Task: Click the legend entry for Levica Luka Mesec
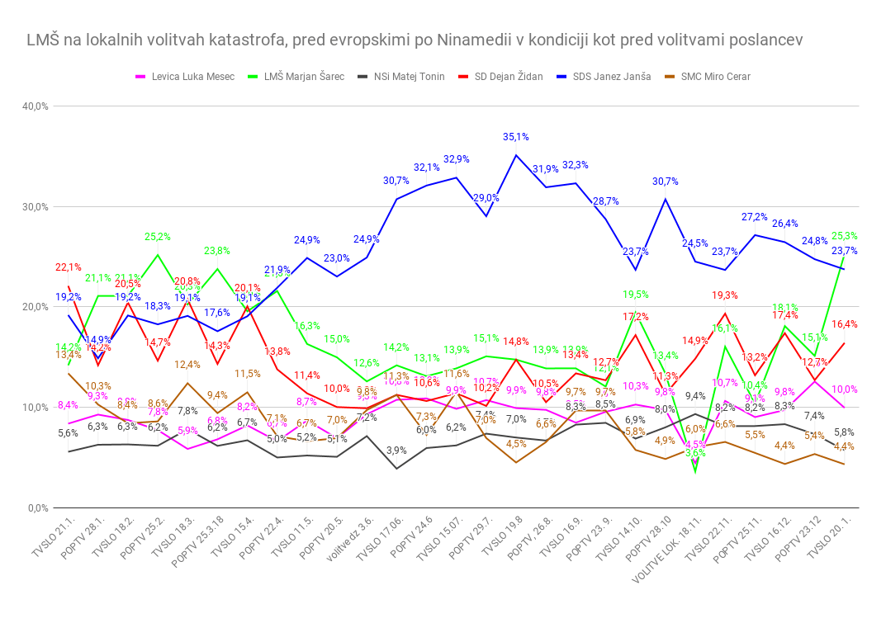coord(186,77)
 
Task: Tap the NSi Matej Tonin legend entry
coord(410,77)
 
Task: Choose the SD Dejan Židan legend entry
coord(506,77)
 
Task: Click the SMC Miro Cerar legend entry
coord(715,77)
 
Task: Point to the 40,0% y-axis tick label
coord(35,106)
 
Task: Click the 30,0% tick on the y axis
coord(35,207)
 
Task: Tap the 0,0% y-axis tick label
coord(37,508)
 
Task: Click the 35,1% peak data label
coord(516,137)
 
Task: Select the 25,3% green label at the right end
coord(844,235)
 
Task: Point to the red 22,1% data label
coord(69,267)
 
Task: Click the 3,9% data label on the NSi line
coord(396,451)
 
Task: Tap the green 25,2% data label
coord(157,237)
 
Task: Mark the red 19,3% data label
coord(724,295)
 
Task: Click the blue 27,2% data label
coord(755,217)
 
